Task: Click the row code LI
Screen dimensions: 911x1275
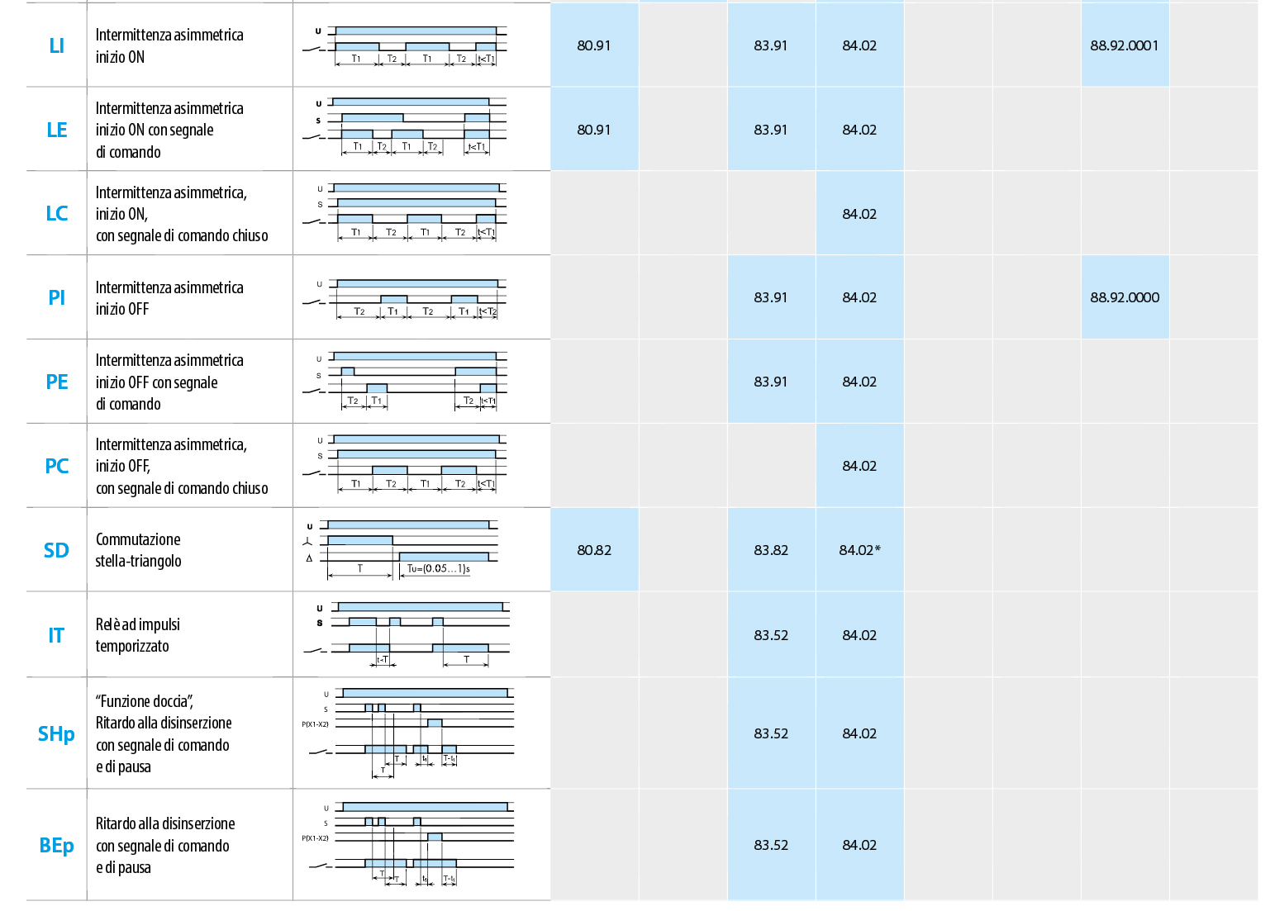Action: pyautogui.click(x=56, y=45)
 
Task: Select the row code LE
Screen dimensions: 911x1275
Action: pyautogui.click(x=56, y=130)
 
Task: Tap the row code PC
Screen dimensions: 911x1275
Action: pyautogui.click(x=56, y=466)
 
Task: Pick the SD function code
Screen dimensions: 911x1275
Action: pyautogui.click(x=56, y=550)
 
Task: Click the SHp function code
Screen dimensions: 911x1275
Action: pyautogui.click(x=56, y=733)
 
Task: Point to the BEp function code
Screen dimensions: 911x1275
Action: pyautogui.click(x=56, y=845)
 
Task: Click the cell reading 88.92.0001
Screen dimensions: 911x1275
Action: pyautogui.click(x=1124, y=45)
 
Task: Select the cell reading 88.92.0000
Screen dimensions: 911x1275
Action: pyautogui.click(x=1124, y=297)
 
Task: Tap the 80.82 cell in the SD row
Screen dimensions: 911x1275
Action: pyautogui.click(x=594, y=550)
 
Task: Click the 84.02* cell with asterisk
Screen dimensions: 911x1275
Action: pyautogui.click(x=859, y=550)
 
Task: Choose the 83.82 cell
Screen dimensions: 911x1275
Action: pyautogui.click(x=770, y=550)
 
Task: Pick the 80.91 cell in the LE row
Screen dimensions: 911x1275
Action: pyautogui.click(x=594, y=130)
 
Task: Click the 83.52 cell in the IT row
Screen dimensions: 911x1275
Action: pyautogui.click(x=770, y=635)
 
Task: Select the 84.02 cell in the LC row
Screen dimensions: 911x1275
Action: pyautogui.click(x=859, y=214)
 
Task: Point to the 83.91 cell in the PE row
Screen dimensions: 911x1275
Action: pyautogui.click(x=770, y=382)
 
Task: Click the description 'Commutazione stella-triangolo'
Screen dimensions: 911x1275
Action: pyautogui.click(x=138, y=550)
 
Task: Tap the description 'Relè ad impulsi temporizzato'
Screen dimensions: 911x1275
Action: pyautogui.click(x=137, y=635)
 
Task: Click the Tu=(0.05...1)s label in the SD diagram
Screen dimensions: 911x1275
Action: pyautogui.click(x=438, y=568)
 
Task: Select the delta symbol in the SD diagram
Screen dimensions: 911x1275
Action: pyautogui.click(x=309, y=558)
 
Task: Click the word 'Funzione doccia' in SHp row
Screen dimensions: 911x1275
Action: pyautogui.click(x=144, y=701)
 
